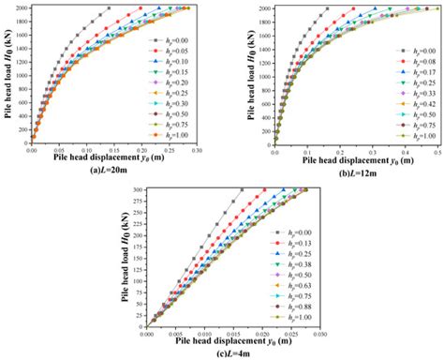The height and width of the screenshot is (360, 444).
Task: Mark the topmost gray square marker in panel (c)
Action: [242, 189]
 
